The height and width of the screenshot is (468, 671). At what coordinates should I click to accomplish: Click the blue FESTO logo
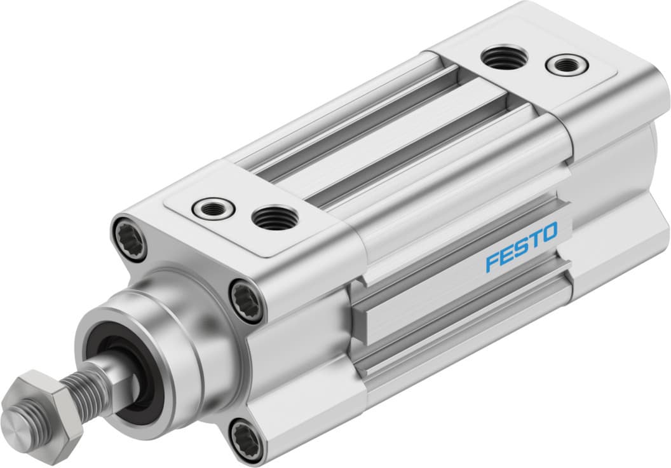(521, 247)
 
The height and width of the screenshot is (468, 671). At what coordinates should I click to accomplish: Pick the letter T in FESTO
(535, 240)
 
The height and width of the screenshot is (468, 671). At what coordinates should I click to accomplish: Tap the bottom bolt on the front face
(246, 438)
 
